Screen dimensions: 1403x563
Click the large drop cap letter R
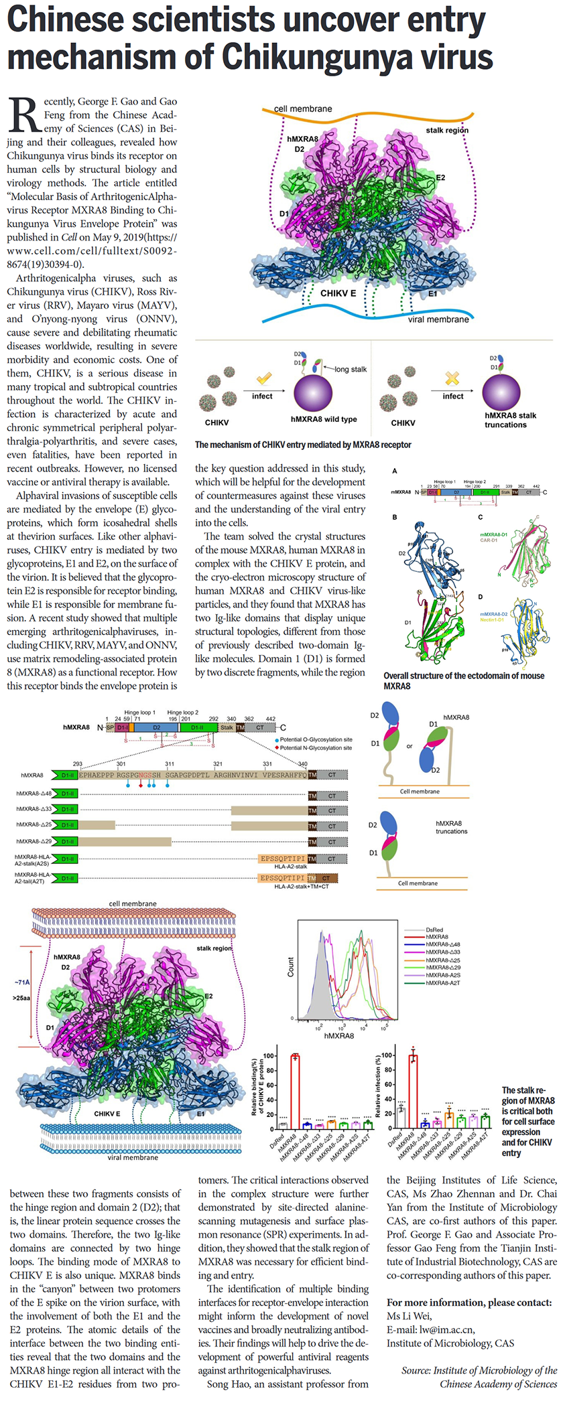(24, 115)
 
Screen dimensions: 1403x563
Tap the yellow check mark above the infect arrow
(264, 379)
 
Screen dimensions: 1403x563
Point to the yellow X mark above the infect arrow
(452, 378)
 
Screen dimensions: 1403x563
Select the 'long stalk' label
(351, 369)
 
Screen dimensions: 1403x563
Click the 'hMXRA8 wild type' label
(324, 419)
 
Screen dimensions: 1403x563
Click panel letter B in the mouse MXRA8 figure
(395, 517)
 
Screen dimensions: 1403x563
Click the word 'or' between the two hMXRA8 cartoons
(410, 745)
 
